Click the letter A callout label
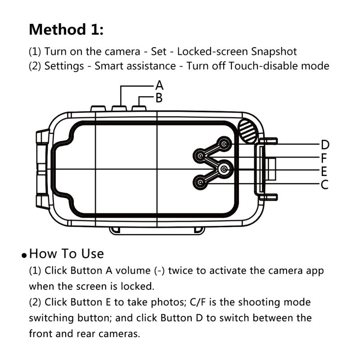pyautogui.click(x=159, y=85)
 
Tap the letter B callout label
pyautogui.click(x=158, y=98)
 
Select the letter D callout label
pyautogui.click(x=325, y=145)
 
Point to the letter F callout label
pyautogui.click(x=324, y=158)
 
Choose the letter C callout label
pyautogui.click(x=324, y=184)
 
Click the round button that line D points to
pyautogui.click(x=224, y=144)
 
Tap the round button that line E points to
pyautogui.click(x=224, y=169)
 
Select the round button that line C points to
pyautogui.click(x=200, y=182)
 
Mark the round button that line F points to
pyautogui.click(x=200, y=156)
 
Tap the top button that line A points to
pyautogui.click(x=120, y=108)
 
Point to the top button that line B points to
pyautogui.click(x=139, y=108)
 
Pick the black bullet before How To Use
pyautogui.click(x=24, y=256)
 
